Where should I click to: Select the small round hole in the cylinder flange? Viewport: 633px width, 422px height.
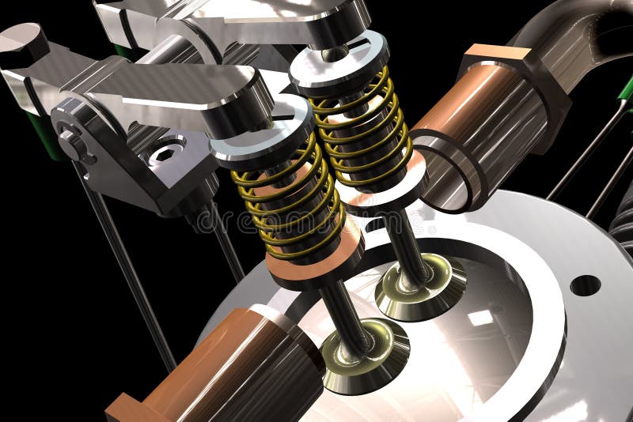585,285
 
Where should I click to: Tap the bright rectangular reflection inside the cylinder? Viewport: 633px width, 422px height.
479,318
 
